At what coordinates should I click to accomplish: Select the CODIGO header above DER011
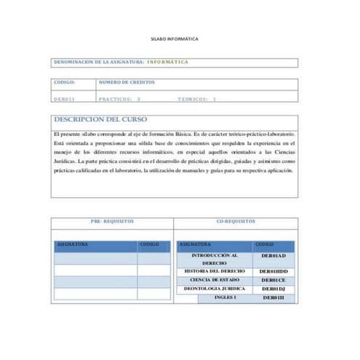click(65, 82)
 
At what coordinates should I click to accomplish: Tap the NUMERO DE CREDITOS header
click(127, 82)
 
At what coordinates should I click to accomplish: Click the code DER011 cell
click(65, 98)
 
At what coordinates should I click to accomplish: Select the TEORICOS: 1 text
click(197, 98)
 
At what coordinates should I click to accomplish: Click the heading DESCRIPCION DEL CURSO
click(100, 119)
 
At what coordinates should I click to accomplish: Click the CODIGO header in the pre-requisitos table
click(149, 244)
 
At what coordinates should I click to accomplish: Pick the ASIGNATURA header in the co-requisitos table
click(196, 244)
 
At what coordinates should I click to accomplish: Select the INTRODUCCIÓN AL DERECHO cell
click(215, 260)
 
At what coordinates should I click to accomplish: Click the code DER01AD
click(273, 256)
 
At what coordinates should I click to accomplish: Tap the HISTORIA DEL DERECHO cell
click(214, 271)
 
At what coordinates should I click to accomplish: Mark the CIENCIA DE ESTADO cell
click(214, 279)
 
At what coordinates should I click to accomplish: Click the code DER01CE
click(273, 279)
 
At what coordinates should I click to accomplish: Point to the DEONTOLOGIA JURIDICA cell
click(214, 288)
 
